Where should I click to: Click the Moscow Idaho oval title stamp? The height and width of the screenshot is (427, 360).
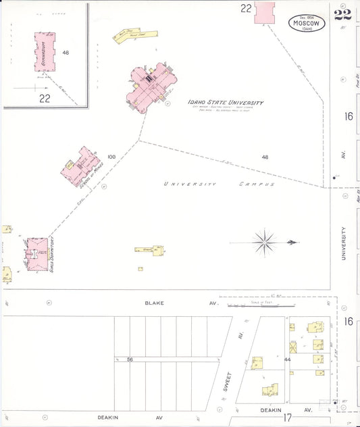click(307, 24)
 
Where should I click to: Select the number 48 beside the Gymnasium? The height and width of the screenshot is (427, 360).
click(66, 53)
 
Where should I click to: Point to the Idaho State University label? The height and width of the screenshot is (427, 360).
click(226, 103)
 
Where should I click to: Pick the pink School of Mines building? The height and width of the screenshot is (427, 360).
click(80, 166)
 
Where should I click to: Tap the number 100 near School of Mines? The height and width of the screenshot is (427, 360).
click(111, 157)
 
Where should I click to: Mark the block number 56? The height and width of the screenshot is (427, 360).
click(129, 360)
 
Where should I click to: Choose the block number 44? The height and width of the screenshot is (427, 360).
click(288, 360)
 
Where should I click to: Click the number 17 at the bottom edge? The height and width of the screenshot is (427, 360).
click(286, 418)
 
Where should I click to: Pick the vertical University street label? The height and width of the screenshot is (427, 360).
click(344, 243)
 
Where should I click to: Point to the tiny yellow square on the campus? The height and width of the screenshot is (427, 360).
click(140, 269)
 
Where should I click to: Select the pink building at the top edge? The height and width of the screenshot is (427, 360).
click(265, 13)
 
